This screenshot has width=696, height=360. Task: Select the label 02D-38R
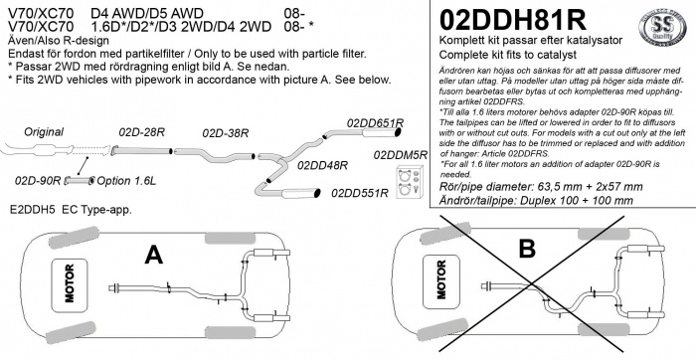click(x=225, y=131)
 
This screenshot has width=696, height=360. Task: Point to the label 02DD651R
click(x=375, y=123)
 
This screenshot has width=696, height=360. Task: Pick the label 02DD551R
click(x=359, y=194)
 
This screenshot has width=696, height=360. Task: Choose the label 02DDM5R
click(x=401, y=156)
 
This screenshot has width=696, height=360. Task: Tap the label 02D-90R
click(x=39, y=181)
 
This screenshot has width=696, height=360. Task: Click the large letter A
click(x=153, y=257)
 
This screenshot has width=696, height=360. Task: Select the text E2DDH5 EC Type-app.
click(x=68, y=211)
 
